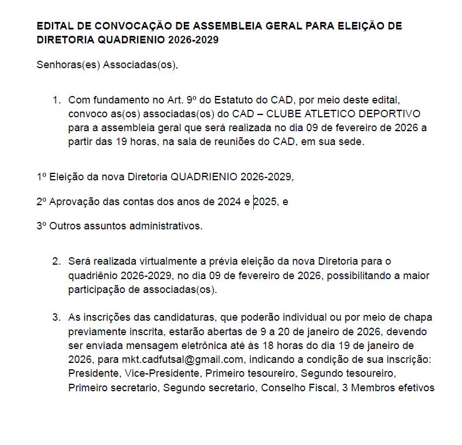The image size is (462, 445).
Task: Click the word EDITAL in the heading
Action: pos(53,27)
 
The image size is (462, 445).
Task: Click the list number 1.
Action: pos(56,100)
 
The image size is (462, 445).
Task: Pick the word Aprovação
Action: pos(73,202)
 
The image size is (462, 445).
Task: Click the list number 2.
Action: pos(56,261)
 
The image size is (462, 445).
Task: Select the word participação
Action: pos(98,289)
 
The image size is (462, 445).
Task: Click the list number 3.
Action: pos(56,318)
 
